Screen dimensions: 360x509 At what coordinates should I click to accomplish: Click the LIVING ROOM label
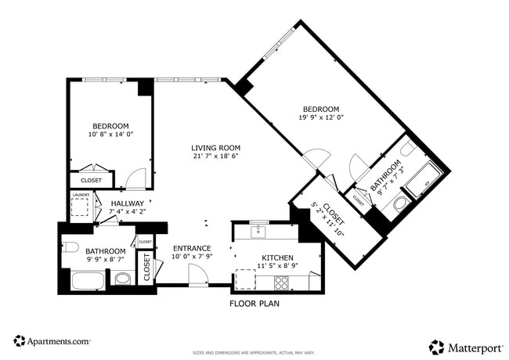click(x=215, y=148)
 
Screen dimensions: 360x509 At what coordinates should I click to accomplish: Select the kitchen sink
click(x=258, y=232)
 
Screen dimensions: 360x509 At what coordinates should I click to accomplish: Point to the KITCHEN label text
click(x=277, y=257)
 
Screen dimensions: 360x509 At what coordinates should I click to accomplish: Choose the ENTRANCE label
click(x=192, y=248)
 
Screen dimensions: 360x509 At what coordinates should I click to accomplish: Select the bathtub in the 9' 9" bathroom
click(x=87, y=279)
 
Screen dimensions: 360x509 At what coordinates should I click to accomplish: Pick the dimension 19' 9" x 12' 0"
click(x=320, y=117)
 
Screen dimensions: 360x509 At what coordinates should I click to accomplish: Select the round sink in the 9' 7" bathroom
click(x=407, y=148)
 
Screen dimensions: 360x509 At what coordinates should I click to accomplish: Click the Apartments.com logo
click(x=52, y=341)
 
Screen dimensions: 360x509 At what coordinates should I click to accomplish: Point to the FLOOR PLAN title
click(x=254, y=303)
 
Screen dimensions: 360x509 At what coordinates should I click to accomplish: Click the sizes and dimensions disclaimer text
click(x=254, y=353)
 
